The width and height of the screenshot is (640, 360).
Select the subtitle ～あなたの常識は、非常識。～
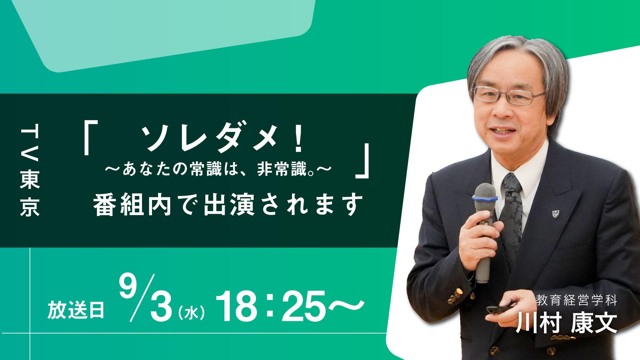tap(218, 169)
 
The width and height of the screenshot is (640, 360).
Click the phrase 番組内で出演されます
tap(228, 204)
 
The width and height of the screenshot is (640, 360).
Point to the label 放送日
tap(76, 310)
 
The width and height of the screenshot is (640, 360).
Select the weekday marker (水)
tap(191, 313)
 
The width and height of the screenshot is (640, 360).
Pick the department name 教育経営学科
tap(577, 300)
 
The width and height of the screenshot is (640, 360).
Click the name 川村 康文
tap(566, 323)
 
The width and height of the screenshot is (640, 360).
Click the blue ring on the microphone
tap(485, 198)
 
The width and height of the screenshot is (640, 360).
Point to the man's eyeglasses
tap(509, 95)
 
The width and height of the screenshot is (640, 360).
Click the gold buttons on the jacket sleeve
tap(455, 295)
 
